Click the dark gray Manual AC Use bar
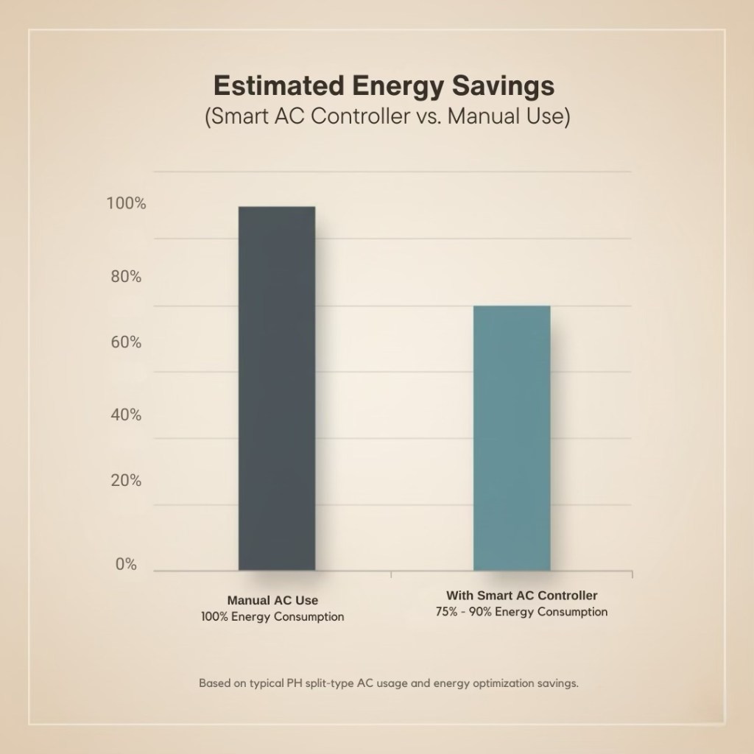(277, 388)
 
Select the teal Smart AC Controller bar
(512, 437)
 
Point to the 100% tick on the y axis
(126, 204)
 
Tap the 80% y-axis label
(126, 277)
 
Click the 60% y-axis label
(126, 342)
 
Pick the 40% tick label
(126, 415)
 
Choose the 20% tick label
(126, 481)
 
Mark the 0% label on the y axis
(126, 565)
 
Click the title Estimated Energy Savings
(383, 86)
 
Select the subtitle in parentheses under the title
(387, 118)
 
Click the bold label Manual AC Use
(272, 600)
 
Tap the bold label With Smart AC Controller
(521, 595)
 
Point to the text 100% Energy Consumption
(272, 616)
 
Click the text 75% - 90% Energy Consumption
(521, 612)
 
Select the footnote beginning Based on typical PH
(389, 683)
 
